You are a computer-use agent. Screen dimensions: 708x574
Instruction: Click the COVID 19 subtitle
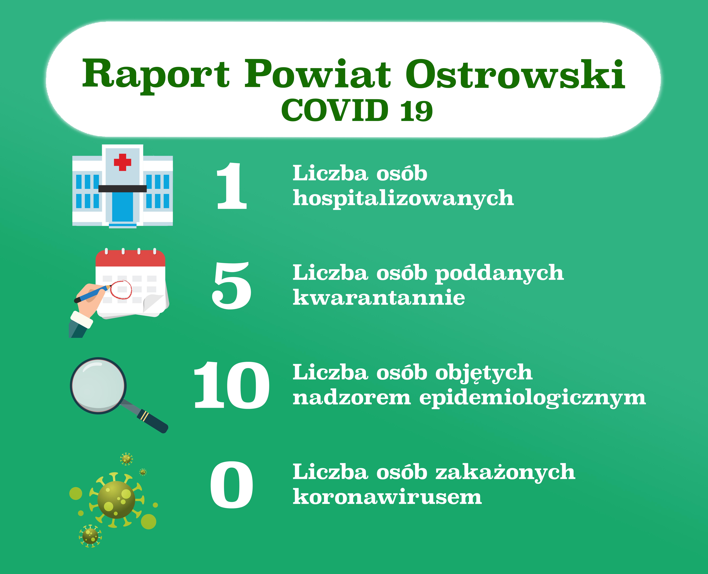[x=357, y=110]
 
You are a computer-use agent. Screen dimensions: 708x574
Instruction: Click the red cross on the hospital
[x=122, y=162]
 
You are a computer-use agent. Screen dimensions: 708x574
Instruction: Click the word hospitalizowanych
[x=403, y=198]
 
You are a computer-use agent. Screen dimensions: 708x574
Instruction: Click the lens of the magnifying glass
[x=98, y=386]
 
